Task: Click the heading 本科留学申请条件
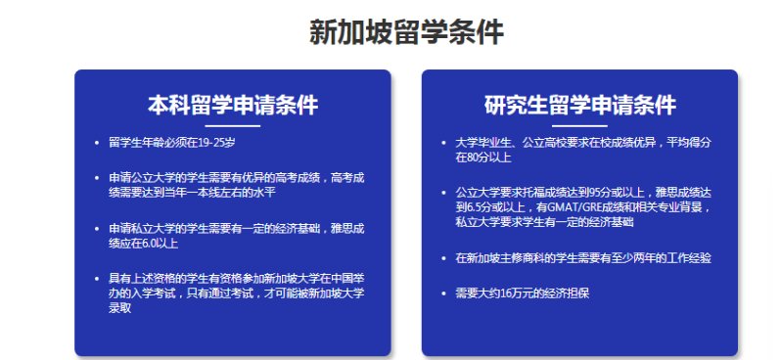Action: tap(233, 105)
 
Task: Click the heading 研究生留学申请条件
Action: tap(579, 105)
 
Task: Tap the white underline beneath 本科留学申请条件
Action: tap(233, 126)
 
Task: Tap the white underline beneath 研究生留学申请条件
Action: tap(579, 126)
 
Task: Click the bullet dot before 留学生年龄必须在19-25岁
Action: tap(96, 143)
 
